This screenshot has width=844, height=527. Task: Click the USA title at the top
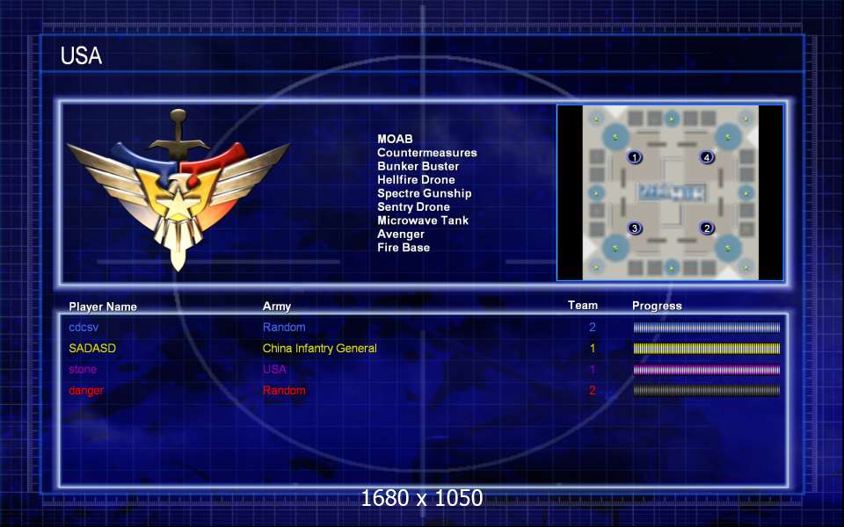(81, 56)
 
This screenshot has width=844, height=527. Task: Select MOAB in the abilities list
(395, 139)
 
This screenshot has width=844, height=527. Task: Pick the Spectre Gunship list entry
(424, 193)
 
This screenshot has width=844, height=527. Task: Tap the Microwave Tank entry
(423, 220)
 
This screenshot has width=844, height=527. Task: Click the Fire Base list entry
(404, 248)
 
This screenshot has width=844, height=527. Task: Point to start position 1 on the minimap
(635, 157)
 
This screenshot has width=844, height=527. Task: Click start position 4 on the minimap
(707, 157)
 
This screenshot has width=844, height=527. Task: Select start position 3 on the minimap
(635, 228)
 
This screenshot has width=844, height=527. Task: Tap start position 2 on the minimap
(707, 228)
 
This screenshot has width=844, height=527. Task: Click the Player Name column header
(103, 307)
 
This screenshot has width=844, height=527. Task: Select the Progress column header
(657, 306)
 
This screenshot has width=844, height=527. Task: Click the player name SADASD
(92, 348)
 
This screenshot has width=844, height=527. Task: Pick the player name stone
(84, 369)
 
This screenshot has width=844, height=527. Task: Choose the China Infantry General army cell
(319, 348)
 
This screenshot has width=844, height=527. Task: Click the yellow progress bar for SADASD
(706, 349)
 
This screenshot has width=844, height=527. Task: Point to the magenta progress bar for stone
(706, 370)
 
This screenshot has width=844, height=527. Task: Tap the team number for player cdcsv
(593, 327)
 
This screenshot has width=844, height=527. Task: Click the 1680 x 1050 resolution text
(422, 498)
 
